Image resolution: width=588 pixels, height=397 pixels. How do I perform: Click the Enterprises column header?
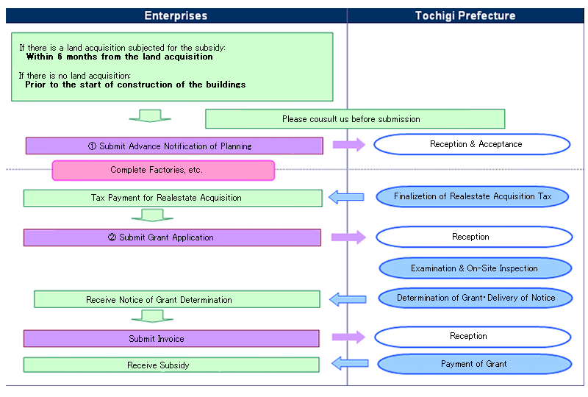[176, 15]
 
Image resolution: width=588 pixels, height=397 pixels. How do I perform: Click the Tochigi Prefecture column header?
[465, 15]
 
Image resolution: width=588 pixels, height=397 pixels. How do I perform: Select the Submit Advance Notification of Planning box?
[174, 146]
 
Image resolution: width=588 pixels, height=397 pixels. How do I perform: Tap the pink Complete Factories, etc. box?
[163, 171]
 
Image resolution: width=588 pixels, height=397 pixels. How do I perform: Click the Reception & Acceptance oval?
[472, 144]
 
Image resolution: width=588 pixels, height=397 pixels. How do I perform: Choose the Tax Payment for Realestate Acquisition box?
[173, 198]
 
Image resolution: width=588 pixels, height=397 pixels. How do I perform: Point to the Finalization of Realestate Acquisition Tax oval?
[473, 196]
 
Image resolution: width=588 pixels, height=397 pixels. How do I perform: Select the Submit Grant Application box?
[172, 237]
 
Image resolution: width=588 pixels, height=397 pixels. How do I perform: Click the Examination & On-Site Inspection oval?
[475, 268]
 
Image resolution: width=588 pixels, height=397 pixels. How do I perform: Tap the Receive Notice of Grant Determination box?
[177, 299]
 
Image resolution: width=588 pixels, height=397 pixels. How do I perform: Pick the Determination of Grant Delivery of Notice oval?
[476, 298]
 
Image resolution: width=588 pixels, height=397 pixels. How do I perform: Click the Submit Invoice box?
[171, 338]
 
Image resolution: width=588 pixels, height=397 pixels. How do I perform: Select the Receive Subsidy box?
[171, 365]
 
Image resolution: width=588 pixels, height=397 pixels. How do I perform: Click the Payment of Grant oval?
[474, 364]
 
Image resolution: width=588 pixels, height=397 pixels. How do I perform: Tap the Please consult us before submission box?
[355, 119]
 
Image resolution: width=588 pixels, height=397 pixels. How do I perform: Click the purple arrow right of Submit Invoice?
[348, 337]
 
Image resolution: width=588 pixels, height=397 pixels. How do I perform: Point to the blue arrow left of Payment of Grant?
[350, 363]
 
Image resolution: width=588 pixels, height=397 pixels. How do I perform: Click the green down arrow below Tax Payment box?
[152, 215]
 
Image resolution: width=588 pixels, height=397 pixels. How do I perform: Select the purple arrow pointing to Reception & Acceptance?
[348, 145]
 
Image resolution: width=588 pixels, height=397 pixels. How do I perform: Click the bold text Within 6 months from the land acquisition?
[119, 57]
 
